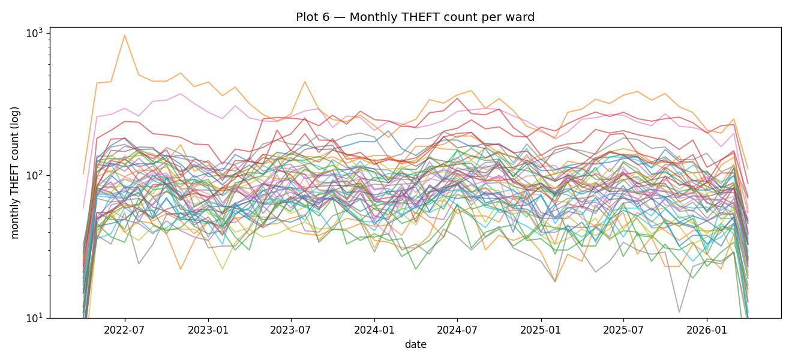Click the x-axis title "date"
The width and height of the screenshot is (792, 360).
(x=415, y=344)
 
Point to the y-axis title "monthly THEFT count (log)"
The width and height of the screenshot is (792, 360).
(x=16, y=172)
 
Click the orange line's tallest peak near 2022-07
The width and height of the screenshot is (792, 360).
(x=125, y=35)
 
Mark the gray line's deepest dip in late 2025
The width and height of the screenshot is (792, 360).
(x=679, y=312)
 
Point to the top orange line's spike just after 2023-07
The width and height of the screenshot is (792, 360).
(x=305, y=82)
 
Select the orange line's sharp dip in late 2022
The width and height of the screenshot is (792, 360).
(x=181, y=269)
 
